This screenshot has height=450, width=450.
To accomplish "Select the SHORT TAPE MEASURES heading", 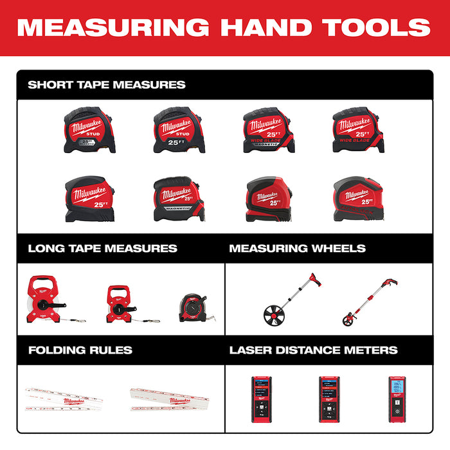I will tap(107, 85).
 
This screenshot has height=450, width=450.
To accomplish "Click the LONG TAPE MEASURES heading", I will tap(102, 248).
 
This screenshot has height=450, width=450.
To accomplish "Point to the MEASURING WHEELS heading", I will tap(297, 248).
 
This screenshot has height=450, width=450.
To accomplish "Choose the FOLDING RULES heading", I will tap(80, 350).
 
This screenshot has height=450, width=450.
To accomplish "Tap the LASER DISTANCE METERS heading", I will tap(313, 350).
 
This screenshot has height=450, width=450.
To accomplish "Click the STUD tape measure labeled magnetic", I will tap(89, 130).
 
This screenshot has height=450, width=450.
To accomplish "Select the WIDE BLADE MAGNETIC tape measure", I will tap(269, 130).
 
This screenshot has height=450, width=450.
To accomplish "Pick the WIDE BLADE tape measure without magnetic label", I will tap(357, 130).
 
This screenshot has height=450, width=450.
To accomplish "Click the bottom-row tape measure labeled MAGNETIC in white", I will tap(179, 199).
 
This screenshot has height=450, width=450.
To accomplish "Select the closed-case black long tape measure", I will tap(194, 308).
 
